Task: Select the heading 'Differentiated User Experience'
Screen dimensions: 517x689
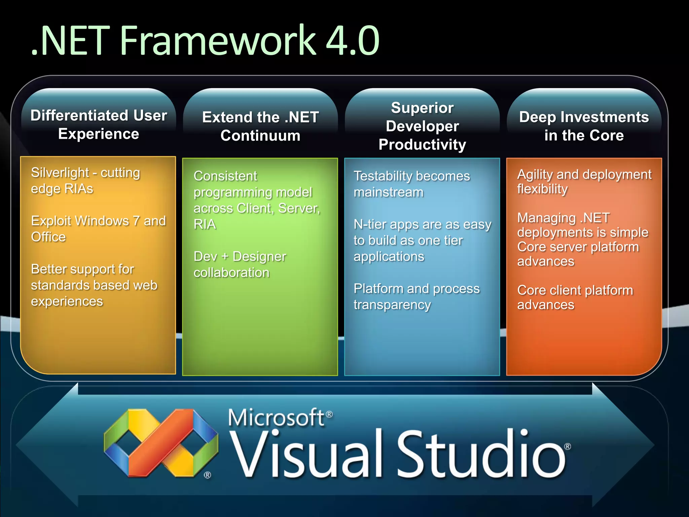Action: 99,125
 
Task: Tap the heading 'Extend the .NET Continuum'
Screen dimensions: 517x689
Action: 260,126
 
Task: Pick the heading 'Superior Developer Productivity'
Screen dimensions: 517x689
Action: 422,126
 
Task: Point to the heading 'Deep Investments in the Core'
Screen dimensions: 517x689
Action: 584,126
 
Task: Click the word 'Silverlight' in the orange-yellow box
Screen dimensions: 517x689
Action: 60,173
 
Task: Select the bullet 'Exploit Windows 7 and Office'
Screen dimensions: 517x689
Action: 98,229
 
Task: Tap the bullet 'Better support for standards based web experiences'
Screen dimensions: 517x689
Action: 94,285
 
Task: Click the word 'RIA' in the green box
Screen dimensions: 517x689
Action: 205,225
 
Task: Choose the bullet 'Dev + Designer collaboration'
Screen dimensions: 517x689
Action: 240,265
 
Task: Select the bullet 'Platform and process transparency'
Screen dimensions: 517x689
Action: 416,297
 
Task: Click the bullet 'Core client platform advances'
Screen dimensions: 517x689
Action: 575,298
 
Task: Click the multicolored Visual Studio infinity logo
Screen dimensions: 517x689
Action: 161,443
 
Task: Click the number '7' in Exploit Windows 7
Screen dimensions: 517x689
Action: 136,221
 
